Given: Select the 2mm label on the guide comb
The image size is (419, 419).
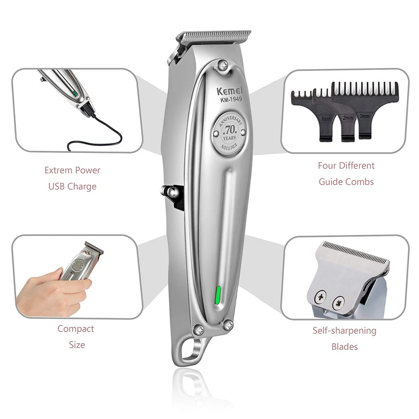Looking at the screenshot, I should pyautogui.click(x=347, y=118).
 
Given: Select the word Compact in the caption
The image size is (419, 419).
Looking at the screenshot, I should pyautogui.click(x=76, y=329).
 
